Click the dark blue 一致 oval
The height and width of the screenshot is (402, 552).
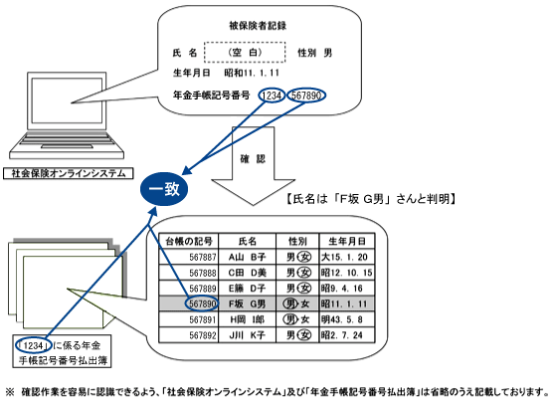tap(164, 189)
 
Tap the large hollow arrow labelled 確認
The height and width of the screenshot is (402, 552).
tap(253, 165)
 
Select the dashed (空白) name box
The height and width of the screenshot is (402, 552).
tap(245, 52)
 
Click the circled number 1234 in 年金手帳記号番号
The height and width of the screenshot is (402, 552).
tap(272, 96)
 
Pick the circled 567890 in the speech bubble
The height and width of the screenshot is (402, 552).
tap(306, 96)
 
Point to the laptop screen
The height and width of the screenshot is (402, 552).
tap(67, 100)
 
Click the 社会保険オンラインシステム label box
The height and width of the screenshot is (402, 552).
tap(69, 174)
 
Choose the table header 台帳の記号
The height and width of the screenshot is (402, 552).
tap(189, 242)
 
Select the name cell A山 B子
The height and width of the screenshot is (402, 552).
tap(247, 257)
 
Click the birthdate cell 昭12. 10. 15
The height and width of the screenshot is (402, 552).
tap(346, 273)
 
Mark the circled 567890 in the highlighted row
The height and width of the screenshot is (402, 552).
tap(202, 303)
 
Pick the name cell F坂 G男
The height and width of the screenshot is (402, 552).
tap(247, 303)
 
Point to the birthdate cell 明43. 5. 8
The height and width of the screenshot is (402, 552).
tap(341, 319)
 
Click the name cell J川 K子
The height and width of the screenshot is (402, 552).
tap(247, 335)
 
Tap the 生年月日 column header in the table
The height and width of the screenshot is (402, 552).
tap(347, 242)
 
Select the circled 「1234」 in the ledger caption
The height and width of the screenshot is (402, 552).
tap(34, 345)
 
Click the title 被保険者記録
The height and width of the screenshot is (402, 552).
tap(258, 25)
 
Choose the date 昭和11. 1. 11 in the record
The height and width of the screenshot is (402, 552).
tap(252, 73)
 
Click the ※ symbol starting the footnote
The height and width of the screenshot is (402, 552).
tap(10, 391)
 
